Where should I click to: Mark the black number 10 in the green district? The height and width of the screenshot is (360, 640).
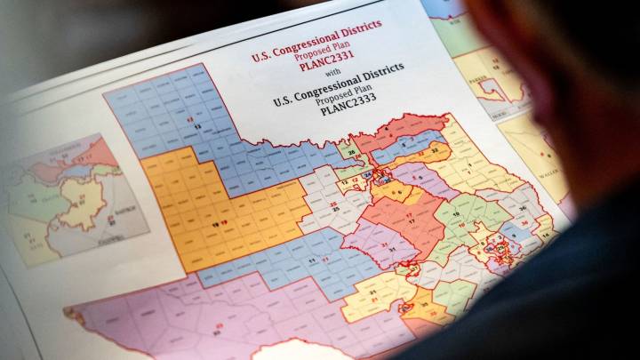pos(456,214)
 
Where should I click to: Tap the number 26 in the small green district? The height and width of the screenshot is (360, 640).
pos(351,152)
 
